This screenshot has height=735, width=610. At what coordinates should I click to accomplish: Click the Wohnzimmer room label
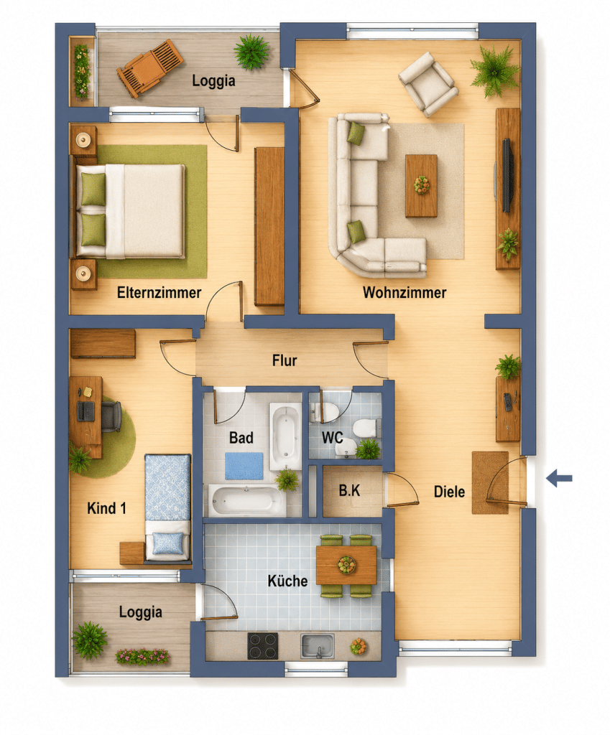405,293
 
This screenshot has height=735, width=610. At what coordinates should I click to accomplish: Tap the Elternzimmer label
159,293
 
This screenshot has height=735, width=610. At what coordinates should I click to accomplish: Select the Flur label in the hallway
285,360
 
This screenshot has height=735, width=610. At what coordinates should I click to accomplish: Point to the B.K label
350,490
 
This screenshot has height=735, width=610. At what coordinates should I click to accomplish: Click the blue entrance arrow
559,478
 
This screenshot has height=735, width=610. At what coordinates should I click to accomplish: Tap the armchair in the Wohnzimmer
428,84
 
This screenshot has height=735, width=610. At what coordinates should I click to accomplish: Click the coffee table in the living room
421,186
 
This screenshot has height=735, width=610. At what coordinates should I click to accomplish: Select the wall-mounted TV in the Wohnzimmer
507,175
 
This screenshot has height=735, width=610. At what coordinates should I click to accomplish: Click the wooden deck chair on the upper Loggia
149,68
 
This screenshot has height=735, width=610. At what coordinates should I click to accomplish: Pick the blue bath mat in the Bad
244,465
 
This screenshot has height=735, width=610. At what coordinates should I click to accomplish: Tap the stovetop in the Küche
263,646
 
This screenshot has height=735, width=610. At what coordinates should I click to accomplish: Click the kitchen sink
318,647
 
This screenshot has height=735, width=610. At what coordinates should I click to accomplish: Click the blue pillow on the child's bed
168,543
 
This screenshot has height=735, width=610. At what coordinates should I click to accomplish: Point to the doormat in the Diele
490,482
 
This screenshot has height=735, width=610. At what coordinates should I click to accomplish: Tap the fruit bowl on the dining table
347,564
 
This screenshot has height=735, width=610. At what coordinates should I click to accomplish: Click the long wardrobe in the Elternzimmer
269,227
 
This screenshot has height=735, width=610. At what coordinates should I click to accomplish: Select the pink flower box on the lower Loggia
142,656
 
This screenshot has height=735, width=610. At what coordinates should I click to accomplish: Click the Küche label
287,581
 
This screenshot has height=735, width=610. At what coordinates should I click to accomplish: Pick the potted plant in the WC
368,449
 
